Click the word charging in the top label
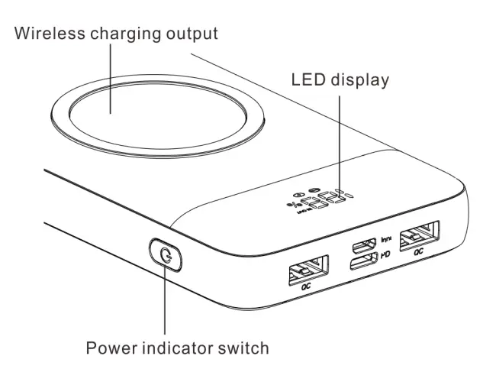pos(121,34)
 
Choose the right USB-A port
pos(419,235)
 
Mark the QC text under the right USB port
pos(417,253)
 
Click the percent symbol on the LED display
pos(291,204)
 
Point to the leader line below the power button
pos(164,306)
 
